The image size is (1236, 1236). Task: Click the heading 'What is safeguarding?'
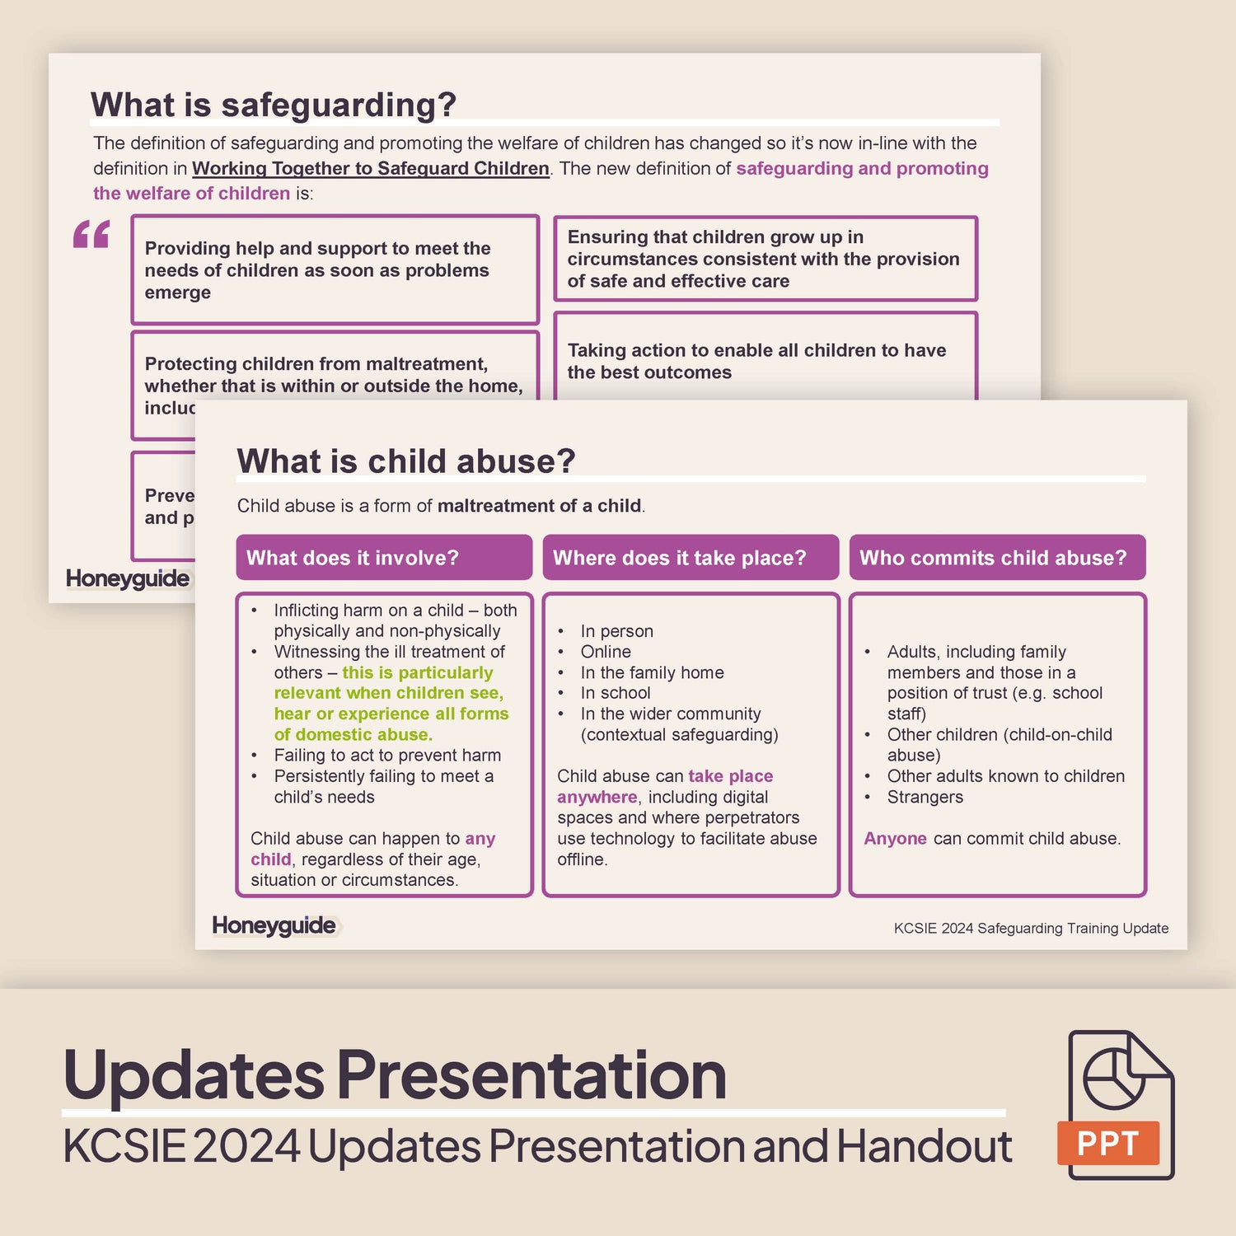coord(273,105)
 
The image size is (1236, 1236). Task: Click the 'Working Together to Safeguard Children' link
coord(370,168)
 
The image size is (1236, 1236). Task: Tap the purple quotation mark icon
coord(91,234)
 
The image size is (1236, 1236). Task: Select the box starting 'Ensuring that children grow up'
coord(765,259)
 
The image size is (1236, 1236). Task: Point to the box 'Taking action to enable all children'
coord(765,361)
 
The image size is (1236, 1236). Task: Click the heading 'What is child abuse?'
coord(405,461)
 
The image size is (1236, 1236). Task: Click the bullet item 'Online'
coord(606,652)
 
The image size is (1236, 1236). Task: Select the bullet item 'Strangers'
coord(925,797)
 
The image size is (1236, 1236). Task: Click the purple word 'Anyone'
coord(895,839)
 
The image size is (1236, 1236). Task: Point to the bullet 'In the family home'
coord(652,672)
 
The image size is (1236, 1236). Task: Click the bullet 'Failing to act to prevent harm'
coord(387,756)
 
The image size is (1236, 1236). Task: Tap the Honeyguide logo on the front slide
coord(274,925)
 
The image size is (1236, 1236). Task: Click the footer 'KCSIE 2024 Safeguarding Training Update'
coord(1031,929)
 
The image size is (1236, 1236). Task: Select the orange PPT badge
coord(1107,1143)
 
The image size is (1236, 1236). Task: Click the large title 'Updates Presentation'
coord(395,1074)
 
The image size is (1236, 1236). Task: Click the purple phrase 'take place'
coord(730,776)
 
